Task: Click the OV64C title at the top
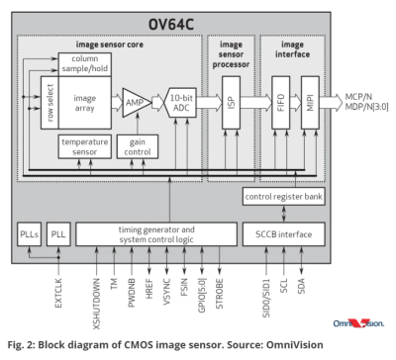171,25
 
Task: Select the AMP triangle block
135,103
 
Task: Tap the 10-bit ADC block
181,103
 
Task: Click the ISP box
231,103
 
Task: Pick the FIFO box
281,103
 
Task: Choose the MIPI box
310,103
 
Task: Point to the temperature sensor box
85,146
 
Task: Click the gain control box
138,146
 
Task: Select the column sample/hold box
85,64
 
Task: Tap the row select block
49,103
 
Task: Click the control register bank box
284,197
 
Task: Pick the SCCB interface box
284,234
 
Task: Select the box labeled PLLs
29,234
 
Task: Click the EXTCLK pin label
58,293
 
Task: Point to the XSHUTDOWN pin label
96,304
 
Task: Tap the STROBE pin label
220,294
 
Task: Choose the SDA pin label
301,286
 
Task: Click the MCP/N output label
358,97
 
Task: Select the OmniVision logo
358,323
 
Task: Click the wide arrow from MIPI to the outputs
331,102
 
